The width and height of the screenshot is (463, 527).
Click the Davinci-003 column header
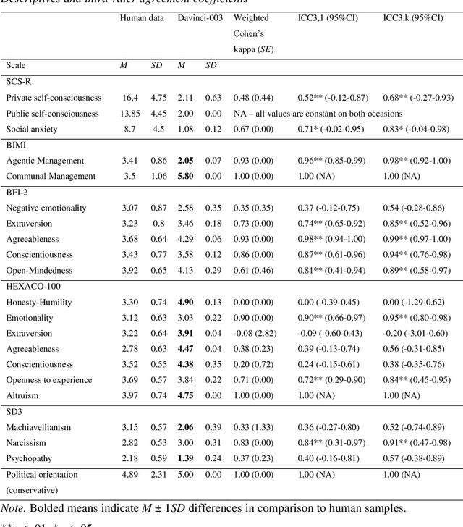(x=199, y=17)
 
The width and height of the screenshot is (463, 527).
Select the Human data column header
(x=143, y=17)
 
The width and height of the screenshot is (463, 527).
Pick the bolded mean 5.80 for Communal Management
(x=186, y=176)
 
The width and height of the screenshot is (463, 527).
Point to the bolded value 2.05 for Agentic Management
(x=186, y=160)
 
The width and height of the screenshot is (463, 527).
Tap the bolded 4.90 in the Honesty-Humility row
(x=186, y=302)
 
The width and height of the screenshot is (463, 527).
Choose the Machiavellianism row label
(x=38, y=427)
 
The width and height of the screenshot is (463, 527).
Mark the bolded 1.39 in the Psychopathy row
(x=186, y=458)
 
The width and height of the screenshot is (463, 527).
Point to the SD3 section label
(x=14, y=411)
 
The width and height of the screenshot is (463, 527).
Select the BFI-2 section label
(x=17, y=192)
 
